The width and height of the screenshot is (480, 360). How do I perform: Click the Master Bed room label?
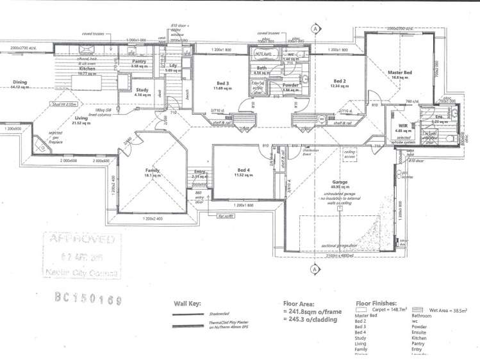click(x=399, y=73)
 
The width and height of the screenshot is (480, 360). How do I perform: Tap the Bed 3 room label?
click(x=222, y=83)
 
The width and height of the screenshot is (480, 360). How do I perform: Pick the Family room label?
click(x=152, y=170)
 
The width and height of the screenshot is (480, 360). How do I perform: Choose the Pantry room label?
click(x=139, y=62)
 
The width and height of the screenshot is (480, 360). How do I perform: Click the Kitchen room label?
click(x=87, y=68)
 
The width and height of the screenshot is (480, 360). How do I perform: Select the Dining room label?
click(x=21, y=83)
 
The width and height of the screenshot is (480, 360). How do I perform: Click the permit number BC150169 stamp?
click(x=87, y=298)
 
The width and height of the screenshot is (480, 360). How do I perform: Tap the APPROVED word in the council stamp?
click(x=81, y=240)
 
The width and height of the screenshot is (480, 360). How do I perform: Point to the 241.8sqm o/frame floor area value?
click(x=315, y=312)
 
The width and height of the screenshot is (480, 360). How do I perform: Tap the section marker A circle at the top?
click(x=315, y=29)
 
